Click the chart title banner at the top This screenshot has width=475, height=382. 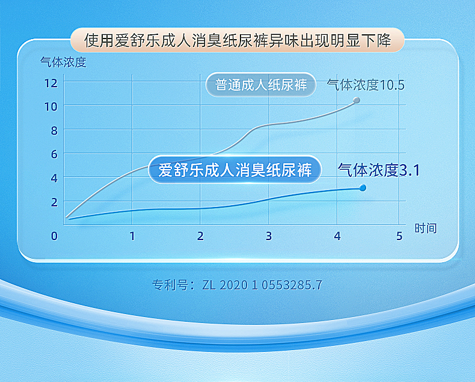coord(237,41)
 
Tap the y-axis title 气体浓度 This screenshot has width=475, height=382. coord(63,62)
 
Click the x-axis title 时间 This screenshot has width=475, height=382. coord(425,228)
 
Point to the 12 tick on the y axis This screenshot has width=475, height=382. coord(51,82)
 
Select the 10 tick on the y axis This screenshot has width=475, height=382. coord(51,106)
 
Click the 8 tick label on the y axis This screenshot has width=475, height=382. coord(54,131)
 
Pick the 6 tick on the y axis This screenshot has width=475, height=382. coord(54,154)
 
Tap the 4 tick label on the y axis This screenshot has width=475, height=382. coord(54,178)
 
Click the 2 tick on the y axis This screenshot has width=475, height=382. coord(54,202)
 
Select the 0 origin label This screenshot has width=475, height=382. coord(54,236)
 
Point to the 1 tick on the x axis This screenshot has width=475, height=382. coord(132,236)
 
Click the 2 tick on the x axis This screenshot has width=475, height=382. coord(200,236)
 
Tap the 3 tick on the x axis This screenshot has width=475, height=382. coord(269,236)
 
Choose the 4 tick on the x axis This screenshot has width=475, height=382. coord(337,236)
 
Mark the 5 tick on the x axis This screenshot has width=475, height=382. coord(399,236)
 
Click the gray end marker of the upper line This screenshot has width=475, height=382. coord(357,100)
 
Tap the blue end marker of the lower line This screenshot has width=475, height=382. coord(363,188)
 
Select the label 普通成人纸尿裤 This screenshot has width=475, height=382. coord(261,85)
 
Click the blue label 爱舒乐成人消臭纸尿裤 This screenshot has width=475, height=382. coord(235,170)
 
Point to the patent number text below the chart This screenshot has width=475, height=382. coord(237,285)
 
